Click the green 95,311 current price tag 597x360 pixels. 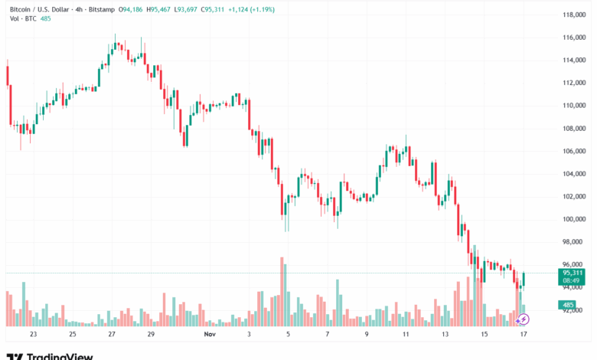click(x=573, y=273)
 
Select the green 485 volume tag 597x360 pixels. click(x=569, y=305)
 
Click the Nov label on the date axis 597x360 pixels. click(x=210, y=334)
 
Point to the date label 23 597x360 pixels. click(x=33, y=334)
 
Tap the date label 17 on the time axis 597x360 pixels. click(x=524, y=334)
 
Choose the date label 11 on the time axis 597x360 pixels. click(x=406, y=334)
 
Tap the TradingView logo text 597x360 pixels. click(x=60, y=356)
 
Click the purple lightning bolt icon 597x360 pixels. click(x=524, y=318)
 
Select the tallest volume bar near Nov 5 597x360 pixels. click(x=282, y=291)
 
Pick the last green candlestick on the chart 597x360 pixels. click(x=524, y=279)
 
